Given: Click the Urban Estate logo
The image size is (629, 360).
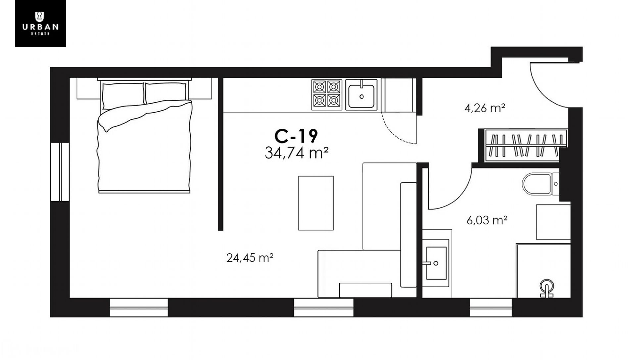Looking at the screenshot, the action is pyautogui.click(x=40, y=23).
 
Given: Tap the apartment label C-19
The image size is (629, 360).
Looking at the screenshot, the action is pyautogui.click(x=296, y=136).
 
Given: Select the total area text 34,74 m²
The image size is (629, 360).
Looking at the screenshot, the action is pyautogui.click(x=297, y=153).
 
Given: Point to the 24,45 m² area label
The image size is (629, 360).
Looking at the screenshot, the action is pyautogui.click(x=250, y=257).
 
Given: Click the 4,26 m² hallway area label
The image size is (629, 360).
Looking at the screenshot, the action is pyautogui.click(x=485, y=108).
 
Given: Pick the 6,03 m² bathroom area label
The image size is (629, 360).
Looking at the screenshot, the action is pyautogui.click(x=487, y=220).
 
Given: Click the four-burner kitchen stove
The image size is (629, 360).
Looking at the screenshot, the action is pyautogui.click(x=326, y=95).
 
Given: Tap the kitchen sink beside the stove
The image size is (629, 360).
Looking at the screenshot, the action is pyautogui.click(x=361, y=95).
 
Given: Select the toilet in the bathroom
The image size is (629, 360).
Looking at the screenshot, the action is pyautogui.click(x=541, y=184).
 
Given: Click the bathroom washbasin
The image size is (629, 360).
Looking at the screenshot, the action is pyautogui.click(x=436, y=263).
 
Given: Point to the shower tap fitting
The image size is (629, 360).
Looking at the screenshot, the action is pyautogui.click(x=546, y=288).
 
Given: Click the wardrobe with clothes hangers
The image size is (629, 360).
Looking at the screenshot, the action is pyautogui.click(x=526, y=145).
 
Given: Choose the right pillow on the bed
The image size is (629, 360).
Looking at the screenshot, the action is pyautogui.click(x=166, y=93).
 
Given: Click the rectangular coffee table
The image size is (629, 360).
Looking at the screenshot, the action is pyautogui.click(x=316, y=203).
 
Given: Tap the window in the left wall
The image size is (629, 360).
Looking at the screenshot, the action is pyautogui.click(x=60, y=172).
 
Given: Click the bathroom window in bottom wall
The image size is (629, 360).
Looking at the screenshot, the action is pyautogui.click(x=491, y=307).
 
